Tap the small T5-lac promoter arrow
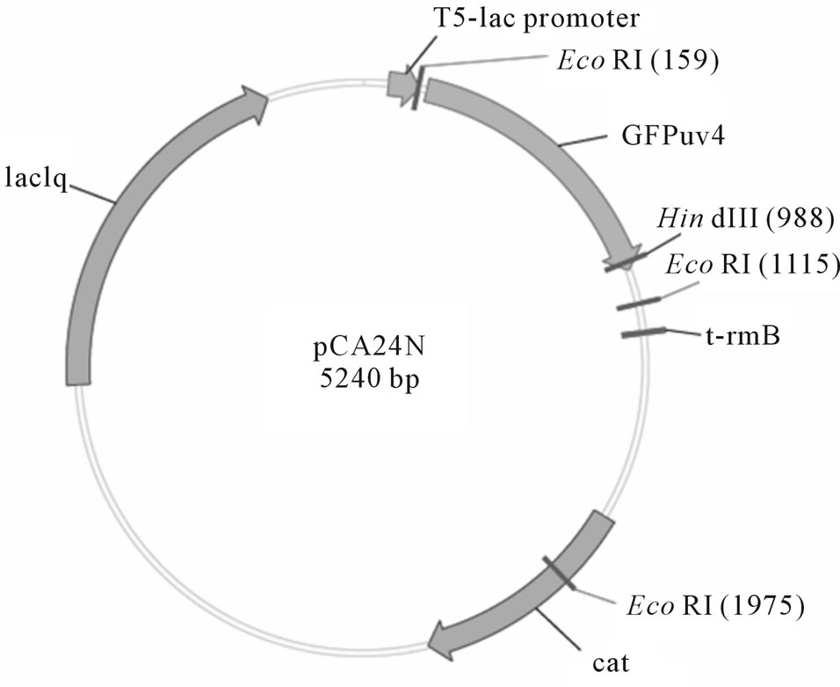pos(401,84)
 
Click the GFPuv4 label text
pos(660,138)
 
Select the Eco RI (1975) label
pos(715,606)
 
